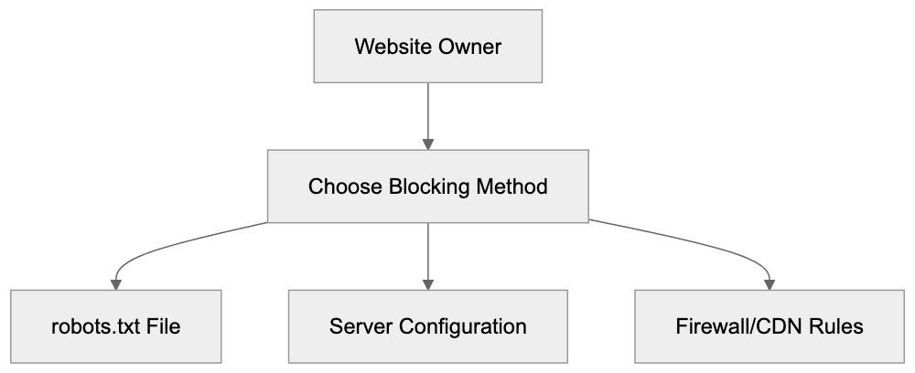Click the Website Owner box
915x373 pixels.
click(x=428, y=48)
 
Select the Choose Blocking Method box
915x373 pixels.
click(x=428, y=187)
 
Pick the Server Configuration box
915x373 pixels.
click(x=428, y=326)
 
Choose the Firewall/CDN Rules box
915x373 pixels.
click(x=769, y=326)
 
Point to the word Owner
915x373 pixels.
click(x=468, y=48)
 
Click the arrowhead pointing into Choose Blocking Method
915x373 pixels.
click(x=428, y=144)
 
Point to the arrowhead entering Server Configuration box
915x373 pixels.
click(x=428, y=283)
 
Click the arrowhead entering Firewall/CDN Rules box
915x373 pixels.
click(x=769, y=283)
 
